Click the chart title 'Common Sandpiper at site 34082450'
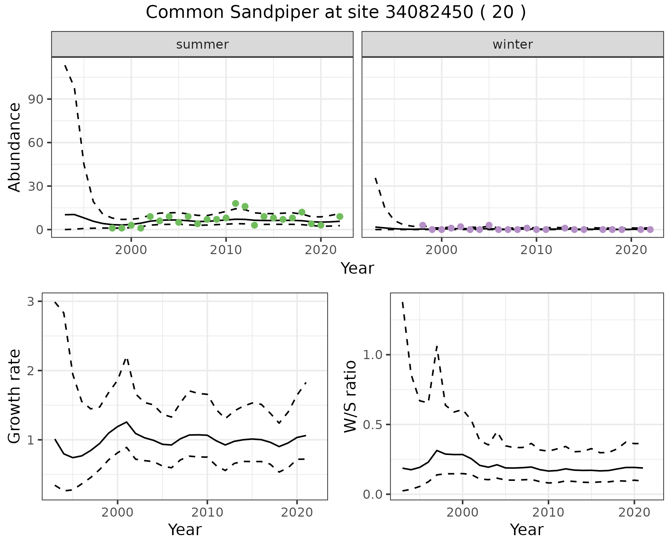click(x=335, y=13)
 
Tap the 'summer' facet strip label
click(x=202, y=44)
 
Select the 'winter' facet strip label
click(x=512, y=44)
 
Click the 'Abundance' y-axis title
click(x=15, y=147)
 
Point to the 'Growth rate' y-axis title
click(x=15, y=396)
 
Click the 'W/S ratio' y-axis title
click(x=350, y=396)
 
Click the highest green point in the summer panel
click(x=236, y=203)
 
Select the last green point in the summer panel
click(x=339, y=217)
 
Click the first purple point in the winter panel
click(x=423, y=225)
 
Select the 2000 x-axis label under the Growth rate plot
click(x=118, y=513)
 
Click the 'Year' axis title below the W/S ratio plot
click(x=526, y=530)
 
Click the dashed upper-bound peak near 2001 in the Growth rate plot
click(x=126, y=358)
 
